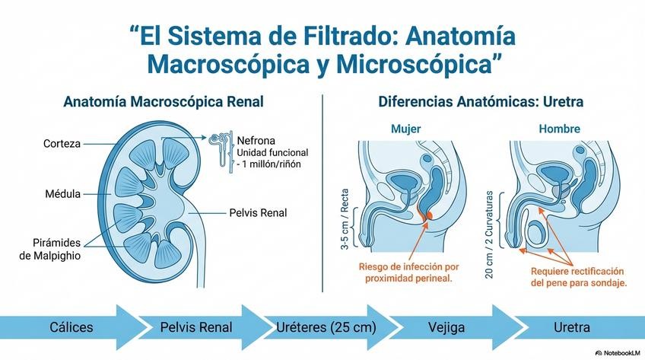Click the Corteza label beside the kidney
point(62,143)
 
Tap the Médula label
point(62,193)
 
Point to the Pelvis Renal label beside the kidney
point(258,212)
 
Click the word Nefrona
point(256,140)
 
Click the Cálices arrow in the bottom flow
point(71,327)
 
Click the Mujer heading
point(405,129)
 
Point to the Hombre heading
point(559,129)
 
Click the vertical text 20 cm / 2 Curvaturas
point(489,234)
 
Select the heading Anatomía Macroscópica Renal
point(164,101)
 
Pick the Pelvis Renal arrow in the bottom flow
point(196,327)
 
